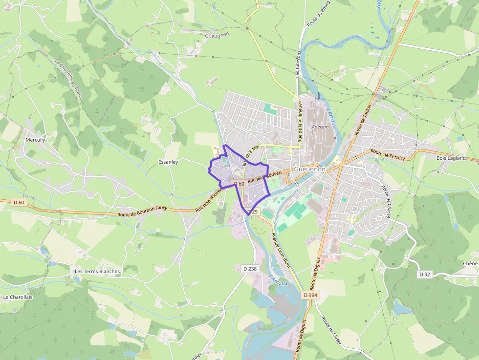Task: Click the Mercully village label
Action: click(x=35, y=140)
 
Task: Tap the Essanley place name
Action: click(x=168, y=162)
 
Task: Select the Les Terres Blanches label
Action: click(x=97, y=271)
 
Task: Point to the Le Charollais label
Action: click(x=17, y=296)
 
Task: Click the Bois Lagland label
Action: click(x=451, y=158)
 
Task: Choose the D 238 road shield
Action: click(x=250, y=268)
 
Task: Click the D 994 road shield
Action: click(x=310, y=295)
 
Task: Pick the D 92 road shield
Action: click(x=425, y=275)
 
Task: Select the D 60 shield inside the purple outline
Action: click(x=239, y=184)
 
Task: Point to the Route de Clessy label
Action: click(x=331, y=331)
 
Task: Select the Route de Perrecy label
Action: click(x=388, y=155)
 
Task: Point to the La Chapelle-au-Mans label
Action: click(x=68, y=78)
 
